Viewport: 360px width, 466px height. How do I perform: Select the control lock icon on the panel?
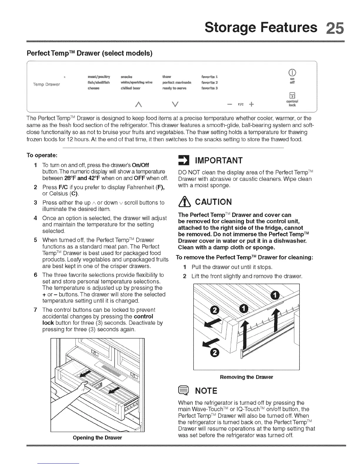[x=292, y=95]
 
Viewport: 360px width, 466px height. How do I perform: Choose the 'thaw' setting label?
[x=166, y=77]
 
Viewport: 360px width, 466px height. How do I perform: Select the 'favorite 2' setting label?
[x=209, y=83]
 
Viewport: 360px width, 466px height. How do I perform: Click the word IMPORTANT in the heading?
[x=219, y=161]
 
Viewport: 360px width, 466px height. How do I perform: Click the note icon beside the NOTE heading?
[x=183, y=391]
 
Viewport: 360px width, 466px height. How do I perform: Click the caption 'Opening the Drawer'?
[x=97, y=437]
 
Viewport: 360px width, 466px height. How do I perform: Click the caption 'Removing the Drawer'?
[x=246, y=377]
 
